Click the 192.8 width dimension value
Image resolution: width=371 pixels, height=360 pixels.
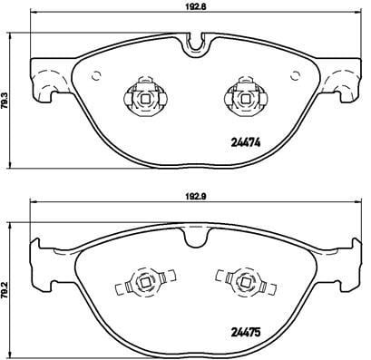195,6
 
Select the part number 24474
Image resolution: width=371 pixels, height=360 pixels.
246,142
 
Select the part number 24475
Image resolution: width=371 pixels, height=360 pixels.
246,333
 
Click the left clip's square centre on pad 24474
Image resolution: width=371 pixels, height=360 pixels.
145,99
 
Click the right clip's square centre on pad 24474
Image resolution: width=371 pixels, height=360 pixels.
245,99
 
